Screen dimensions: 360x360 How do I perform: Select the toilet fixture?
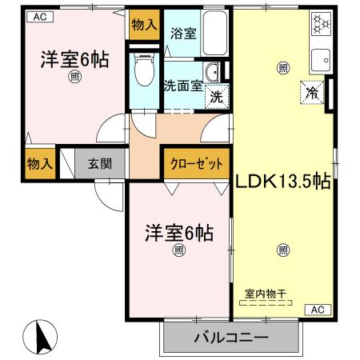click(x=144, y=70)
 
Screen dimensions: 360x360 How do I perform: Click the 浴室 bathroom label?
click(x=183, y=34)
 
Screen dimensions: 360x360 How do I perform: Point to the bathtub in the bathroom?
click(x=214, y=32)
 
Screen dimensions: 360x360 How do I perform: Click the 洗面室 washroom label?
click(x=182, y=86)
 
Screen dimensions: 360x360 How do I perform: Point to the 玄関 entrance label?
click(x=101, y=164)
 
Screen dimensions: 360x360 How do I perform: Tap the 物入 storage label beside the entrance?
click(x=40, y=164)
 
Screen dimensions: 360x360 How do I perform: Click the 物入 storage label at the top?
click(x=145, y=26)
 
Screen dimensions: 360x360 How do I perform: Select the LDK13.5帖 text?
click(x=282, y=182)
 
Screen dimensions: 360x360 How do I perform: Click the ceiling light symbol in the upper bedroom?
click(x=74, y=77)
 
